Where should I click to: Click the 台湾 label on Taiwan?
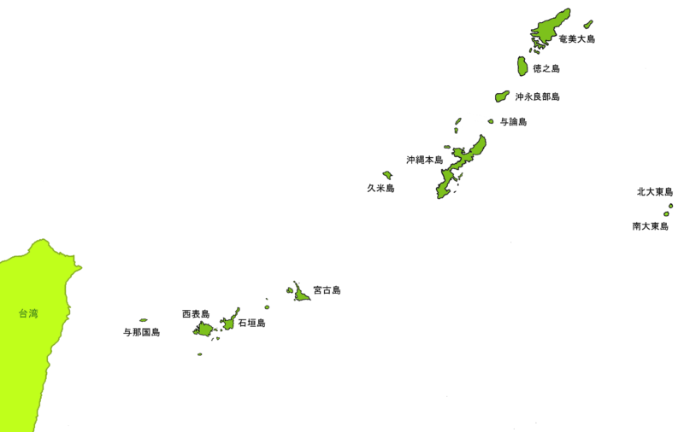pyautogui.click(x=27, y=313)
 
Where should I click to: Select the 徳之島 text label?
pyautogui.click(x=545, y=67)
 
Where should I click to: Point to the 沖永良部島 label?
pyautogui.click(x=537, y=96)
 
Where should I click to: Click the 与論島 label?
pyautogui.click(x=513, y=122)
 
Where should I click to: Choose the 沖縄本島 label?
pyautogui.click(x=424, y=160)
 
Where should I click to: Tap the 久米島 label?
pyautogui.click(x=380, y=188)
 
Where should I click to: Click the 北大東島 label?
pyautogui.click(x=655, y=192)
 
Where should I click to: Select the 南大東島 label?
pyautogui.click(x=650, y=226)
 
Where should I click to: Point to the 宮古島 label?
pyautogui.click(x=327, y=290)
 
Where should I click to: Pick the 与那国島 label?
pyautogui.click(x=142, y=331)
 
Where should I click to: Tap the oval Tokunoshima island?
pyautogui.click(x=521, y=66)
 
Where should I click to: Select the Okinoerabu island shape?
pyautogui.click(x=501, y=96)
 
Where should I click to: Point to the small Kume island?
pyautogui.click(x=387, y=175)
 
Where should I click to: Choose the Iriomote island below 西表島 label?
pyautogui.click(x=203, y=329)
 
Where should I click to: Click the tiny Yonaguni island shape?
pyautogui.click(x=143, y=320)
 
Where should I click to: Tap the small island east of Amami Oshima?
pyautogui.click(x=588, y=24)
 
